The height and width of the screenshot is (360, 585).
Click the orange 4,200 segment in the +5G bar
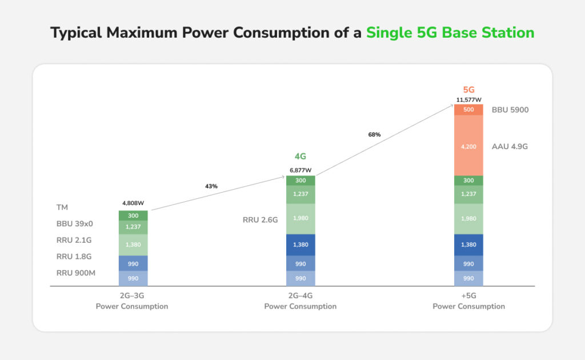click(468, 146)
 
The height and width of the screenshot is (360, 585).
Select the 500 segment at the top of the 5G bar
click(468, 110)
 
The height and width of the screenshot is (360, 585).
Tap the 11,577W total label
click(468, 99)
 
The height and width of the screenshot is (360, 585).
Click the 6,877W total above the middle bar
click(300, 170)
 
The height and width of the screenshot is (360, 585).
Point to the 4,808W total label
click(133, 203)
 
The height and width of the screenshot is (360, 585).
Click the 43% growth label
click(212, 186)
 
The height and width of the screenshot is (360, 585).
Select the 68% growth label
click(374, 135)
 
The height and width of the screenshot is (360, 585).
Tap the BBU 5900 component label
click(510, 110)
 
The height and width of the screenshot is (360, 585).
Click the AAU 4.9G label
click(510, 146)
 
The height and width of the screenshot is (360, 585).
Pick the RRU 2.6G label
click(260, 219)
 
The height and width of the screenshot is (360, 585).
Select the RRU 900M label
click(76, 273)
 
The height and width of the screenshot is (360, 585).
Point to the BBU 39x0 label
click(74, 224)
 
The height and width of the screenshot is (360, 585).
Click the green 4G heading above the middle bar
click(300, 156)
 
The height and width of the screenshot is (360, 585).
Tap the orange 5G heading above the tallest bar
click(468, 89)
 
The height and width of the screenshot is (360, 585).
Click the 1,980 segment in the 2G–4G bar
click(300, 219)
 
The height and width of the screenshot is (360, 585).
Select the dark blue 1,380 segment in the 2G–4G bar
click(300, 245)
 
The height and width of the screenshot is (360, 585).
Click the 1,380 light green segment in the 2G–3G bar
click(133, 245)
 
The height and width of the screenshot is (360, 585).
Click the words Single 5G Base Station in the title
click(450, 33)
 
